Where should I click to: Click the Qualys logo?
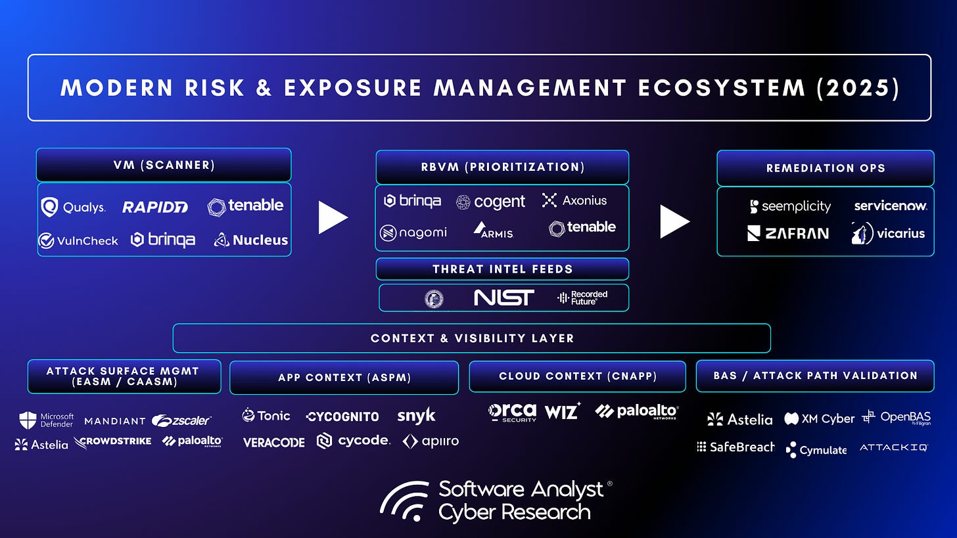coord(73,207)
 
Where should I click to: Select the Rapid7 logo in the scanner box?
coord(155,207)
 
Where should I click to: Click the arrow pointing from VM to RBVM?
coord(333,217)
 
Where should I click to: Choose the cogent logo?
coord(491,202)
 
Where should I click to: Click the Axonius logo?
coord(574,200)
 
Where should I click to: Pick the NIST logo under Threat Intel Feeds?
coord(504,298)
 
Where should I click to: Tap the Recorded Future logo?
coord(582,298)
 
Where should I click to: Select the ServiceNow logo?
coord(891,206)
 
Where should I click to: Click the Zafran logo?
coord(787,233)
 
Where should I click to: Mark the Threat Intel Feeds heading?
coord(502,269)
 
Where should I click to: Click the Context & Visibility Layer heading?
coord(472,339)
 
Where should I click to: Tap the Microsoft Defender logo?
coord(46,420)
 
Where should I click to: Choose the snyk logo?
coord(416,415)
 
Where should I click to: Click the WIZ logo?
coord(562,412)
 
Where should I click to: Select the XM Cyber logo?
coord(820,418)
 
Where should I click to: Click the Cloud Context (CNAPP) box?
coord(577,376)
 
